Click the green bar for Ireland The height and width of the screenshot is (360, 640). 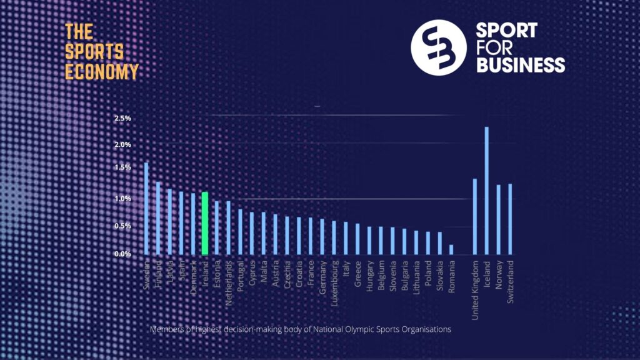coord(204,223)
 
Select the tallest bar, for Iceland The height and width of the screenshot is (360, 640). coord(486,191)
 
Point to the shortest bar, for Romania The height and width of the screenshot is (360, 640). coord(451,249)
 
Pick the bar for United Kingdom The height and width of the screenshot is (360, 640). coord(475,216)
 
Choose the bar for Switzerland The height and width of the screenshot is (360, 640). coord(510,219)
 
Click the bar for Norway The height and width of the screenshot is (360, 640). coord(498,219)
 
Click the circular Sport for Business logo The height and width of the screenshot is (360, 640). coord(439,47)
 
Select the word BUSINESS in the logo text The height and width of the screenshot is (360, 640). coord(521,64)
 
